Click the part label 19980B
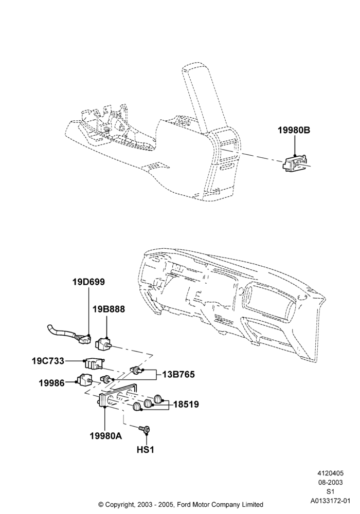point(294,131)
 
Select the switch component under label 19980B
point(296,163)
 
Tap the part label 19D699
point(88,282)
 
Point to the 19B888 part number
point(109,309)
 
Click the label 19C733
point(48,361)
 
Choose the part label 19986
point(52,382)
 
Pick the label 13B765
point(178,374)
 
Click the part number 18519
point(186,405)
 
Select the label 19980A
point(105,436)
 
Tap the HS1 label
point(145,449)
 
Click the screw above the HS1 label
point(145,429)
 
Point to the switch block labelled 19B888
point(104,344)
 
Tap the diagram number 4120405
point(330,473)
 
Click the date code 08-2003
point(330,482)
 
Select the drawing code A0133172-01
point(330,501)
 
